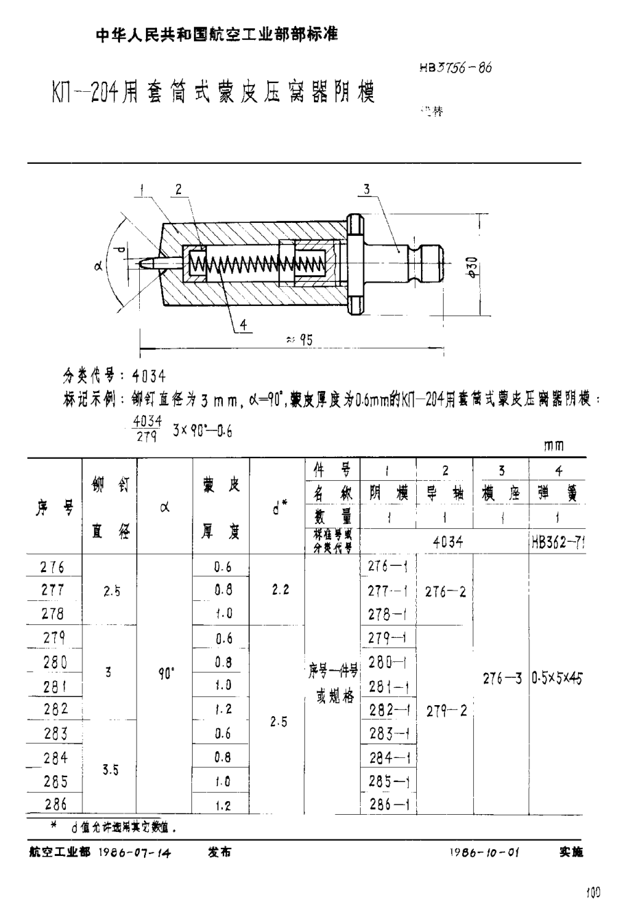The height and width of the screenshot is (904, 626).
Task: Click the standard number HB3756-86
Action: point(453,69)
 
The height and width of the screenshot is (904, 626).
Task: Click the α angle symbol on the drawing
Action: point(98,267)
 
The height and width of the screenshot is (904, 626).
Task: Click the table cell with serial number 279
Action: point(53,639)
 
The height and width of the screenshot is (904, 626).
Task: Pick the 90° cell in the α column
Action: point(165,674)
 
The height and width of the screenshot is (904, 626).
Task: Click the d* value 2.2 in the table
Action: point(279,589)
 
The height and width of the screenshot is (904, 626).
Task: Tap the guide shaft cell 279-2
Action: point(446,711)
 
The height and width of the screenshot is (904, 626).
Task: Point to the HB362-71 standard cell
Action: point(557,541)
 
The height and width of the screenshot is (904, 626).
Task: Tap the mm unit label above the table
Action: point(554,446)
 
